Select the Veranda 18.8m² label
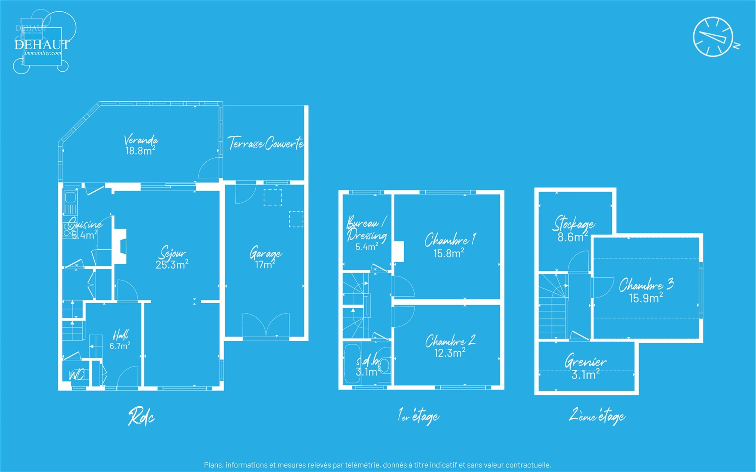pos(141,145)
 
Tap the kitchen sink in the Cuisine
pos(70,198)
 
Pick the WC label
pos(76,375)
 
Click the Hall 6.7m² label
pos(120,341)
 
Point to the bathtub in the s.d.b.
pos(352,364)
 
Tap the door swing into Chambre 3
pos(603,287)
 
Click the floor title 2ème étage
pos(597,416)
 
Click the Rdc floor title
pos(141,417)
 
